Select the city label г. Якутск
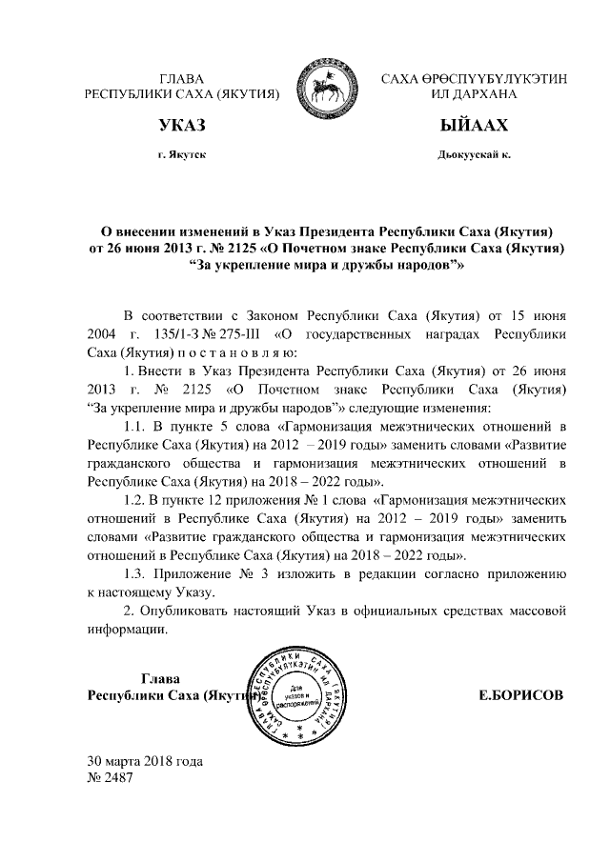[181, 154]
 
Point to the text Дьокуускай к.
[473, 154]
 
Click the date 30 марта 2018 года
[145, 762]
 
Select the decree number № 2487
[110, 778]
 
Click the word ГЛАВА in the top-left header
[181, 78]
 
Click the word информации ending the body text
[127, 628]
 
